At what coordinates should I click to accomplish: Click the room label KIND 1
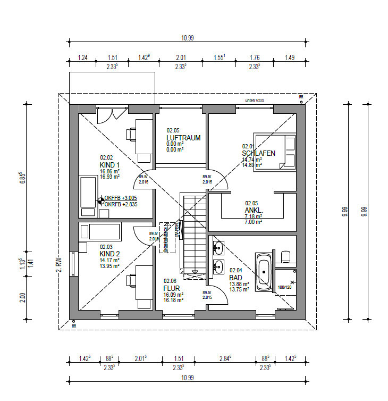tap(110, 165)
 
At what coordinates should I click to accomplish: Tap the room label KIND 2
tap(110, 254)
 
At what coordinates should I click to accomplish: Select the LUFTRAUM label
tap(183, 138)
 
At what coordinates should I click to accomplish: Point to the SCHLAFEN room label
tap(259, 153)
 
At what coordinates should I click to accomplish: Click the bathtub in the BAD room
tap(264, 272)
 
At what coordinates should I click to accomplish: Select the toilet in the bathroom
tap(285, 256)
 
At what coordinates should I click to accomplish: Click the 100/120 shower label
tap(285, 287)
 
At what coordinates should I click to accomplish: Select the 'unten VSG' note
tap(254, 100)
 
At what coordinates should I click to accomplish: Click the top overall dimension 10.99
tap(187, 38)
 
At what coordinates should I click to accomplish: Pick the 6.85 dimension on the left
tap(22, 177)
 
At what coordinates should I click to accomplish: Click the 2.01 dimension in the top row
tap(181, 57)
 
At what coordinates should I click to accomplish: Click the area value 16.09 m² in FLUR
tap(174, 294)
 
